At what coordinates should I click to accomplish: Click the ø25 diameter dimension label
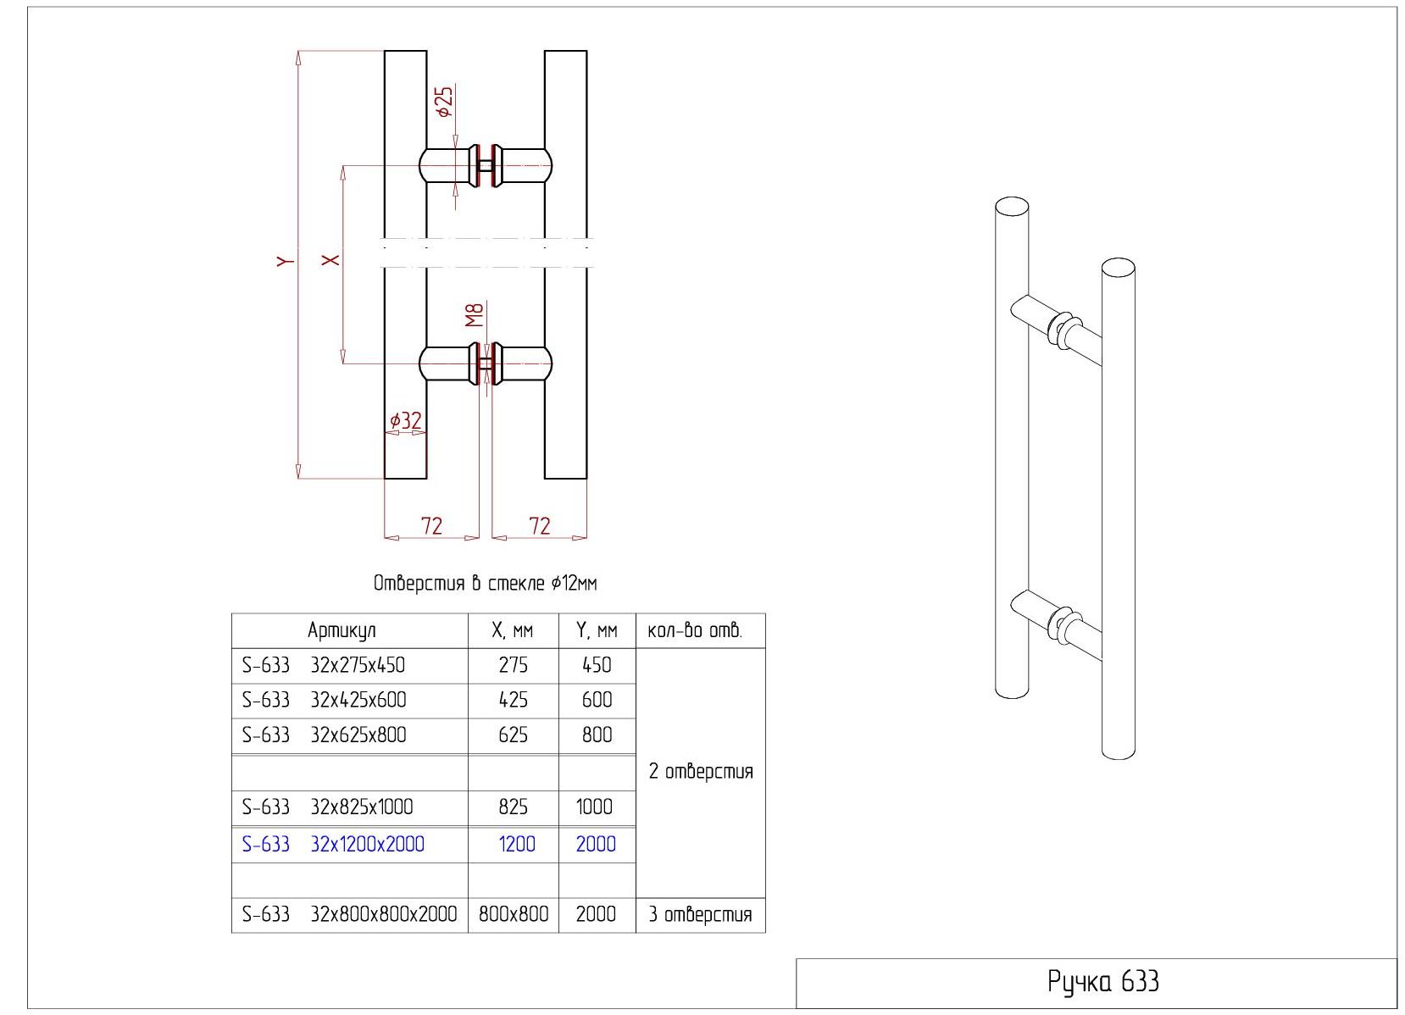(444, 102)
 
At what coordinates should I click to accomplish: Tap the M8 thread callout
(475, 314)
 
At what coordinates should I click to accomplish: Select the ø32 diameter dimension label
(405, 420)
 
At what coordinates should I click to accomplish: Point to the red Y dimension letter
(286, 261)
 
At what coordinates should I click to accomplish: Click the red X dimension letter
(330, 259)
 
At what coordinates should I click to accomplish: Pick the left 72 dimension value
(431, 526)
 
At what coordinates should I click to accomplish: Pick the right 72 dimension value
(540, 526)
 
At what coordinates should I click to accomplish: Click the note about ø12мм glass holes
(485, 583)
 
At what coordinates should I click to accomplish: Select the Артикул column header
(342, 630)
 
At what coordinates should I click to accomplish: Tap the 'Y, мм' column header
(597, 630)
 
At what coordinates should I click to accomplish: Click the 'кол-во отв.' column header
(695, 630)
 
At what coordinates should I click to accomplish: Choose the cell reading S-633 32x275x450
(324, 665)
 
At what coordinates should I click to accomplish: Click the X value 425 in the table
(513, 700)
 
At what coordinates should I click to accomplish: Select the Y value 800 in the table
(597, 735)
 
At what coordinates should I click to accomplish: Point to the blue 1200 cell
(517, 845)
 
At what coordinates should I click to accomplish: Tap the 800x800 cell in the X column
(513, 914)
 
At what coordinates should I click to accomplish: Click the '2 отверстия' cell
(701, 772)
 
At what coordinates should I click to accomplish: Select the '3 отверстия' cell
(700, 915)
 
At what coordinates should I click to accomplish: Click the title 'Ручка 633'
(1102, 982)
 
